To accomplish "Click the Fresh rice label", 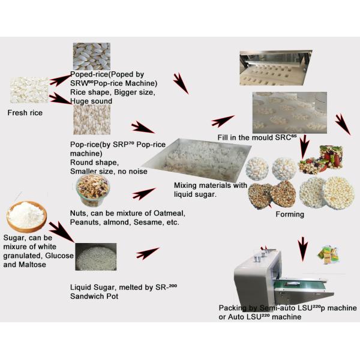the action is click(x=25, y=113).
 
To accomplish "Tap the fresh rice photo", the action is click(x=29, y=90).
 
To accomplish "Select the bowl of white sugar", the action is click(x=26, y=217).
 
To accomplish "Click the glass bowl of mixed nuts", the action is click(x=93, y=190).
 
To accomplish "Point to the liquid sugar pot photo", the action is click(x=96, y=257).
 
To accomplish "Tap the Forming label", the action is click(x=290, y=214).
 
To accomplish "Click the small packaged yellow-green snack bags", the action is click(x=328, y=254).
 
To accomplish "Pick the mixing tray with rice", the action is click(x=197, y=160).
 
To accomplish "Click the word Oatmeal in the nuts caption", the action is click(x=169, y=213).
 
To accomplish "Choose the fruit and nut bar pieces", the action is click(x=321, y=159).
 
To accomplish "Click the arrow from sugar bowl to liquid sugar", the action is click(x=62, y=232).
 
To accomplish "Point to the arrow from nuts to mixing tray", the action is click(x=144, y=194).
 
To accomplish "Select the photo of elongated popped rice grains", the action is click(x=92, y=56).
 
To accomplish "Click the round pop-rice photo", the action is click(x=92, y=119).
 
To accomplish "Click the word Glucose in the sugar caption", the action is click(x=59, y=256).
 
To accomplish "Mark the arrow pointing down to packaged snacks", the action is click(x=303, y=249).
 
